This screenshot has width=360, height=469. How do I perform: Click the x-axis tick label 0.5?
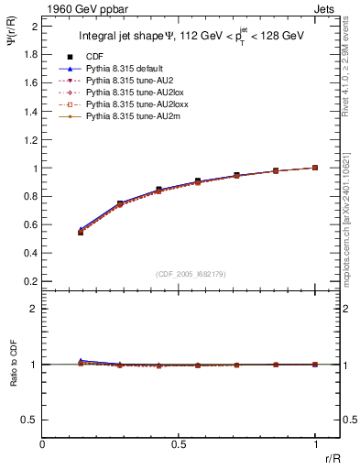[179, 444]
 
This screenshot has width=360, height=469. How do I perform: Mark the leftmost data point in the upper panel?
[81, 233]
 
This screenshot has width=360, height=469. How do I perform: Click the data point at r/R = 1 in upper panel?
[315, 168]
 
